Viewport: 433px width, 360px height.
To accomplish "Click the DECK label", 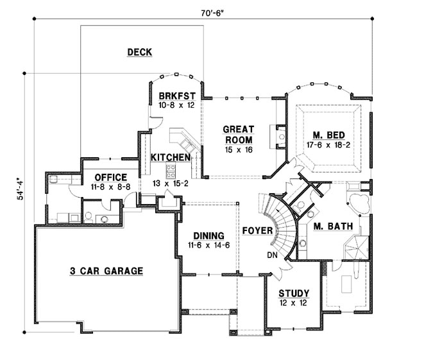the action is coord(139,52).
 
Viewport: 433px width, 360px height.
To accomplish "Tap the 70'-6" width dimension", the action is coord(212,13).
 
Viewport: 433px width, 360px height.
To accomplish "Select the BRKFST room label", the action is coord(177,96).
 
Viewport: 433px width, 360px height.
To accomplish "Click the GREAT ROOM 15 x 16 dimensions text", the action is coord(239,150).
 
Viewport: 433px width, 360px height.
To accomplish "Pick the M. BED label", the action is coord(328,135).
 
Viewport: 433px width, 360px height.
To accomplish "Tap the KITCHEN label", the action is coord(171,157).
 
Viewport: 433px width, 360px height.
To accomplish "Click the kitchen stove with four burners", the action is coord(171,171).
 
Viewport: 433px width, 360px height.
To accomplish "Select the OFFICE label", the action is coord(111,177).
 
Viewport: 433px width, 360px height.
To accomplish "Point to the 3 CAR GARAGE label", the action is coord(106,271).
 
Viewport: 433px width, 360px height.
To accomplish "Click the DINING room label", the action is coord(208,236).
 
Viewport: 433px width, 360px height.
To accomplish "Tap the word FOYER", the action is coord(257,230).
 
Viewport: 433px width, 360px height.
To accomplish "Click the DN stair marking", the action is coord(272,255).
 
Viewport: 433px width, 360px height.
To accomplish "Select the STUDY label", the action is coord(294,293).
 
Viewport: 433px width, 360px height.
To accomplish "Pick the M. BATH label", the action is coord(334,227).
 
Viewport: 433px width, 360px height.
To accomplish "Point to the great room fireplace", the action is coord(278,137).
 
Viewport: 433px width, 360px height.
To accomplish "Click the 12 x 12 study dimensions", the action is coord(293,303).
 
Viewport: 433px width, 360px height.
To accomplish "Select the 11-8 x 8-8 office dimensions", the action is coord(110,187).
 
